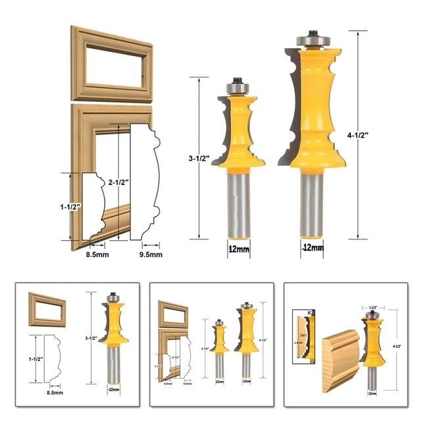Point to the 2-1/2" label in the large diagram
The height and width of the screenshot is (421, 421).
click(x=120, y=182)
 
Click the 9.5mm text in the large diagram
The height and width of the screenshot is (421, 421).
click(x=151, y=253)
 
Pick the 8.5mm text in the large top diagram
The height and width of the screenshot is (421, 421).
click(x=99, y=253)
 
